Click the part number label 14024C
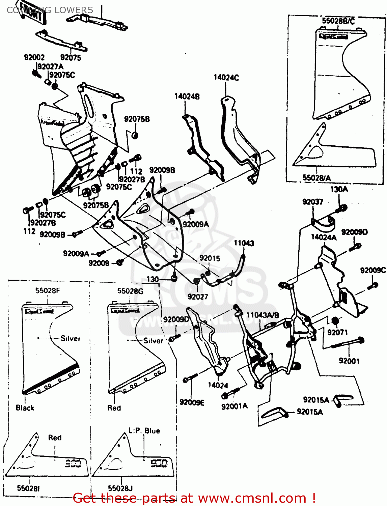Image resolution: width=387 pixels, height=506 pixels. coord(226,78)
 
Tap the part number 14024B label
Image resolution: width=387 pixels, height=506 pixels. coord(187,96)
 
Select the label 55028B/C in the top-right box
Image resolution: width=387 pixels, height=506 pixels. coord(338,21)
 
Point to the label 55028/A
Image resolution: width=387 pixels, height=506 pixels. coord(316,178)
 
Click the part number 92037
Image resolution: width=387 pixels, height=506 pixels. coord(312,202)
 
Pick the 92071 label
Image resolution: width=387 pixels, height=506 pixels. coord(337,332)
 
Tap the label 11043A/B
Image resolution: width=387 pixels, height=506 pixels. coord(262,315)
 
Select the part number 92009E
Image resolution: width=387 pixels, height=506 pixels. coord(192,402)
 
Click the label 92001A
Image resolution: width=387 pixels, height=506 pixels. coord(234,406)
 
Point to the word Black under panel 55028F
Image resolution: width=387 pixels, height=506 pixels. coord(25,408)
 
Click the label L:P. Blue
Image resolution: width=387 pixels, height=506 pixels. coord(144,431)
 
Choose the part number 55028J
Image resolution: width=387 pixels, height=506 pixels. coord(120,488)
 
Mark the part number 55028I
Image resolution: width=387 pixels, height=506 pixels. coord(28,488)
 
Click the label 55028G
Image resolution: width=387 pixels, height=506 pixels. coord(130,291)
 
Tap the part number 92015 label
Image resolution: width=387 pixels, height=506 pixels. coord(210,258)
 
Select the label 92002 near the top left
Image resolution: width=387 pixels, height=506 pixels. coord(34,57)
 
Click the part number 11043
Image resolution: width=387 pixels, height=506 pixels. coord(244,243)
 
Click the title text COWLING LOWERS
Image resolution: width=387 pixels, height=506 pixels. coord(50,10)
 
